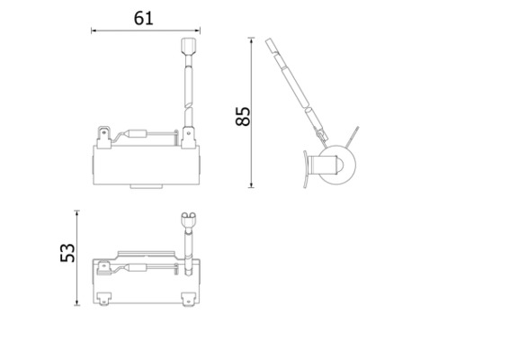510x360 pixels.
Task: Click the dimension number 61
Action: coord(144,17)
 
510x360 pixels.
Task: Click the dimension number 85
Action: coord(241,115)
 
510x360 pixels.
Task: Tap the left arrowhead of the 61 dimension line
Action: coord(94,31)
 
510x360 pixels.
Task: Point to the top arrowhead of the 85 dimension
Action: coord(253,40)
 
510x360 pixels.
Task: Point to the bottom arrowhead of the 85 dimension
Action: coord(253,186)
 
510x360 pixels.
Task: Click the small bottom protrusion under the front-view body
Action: coord(146,185)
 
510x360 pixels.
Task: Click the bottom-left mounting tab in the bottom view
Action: coord(103,295)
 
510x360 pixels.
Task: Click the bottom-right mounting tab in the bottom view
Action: coord(189,295)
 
